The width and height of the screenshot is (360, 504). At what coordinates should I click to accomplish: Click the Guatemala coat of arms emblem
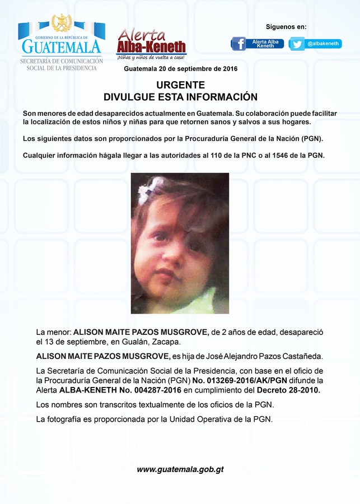[x=61, y=23]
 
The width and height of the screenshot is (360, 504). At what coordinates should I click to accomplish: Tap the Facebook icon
[x=239, y=44]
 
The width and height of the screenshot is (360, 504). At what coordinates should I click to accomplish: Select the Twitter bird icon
[x=297, y=44]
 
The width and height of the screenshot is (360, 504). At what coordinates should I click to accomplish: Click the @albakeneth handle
[x=323, y=44]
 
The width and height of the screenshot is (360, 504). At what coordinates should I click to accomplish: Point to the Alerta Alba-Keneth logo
[x=151, y=44]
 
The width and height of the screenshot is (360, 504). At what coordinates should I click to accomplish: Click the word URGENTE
[x=180, y=86]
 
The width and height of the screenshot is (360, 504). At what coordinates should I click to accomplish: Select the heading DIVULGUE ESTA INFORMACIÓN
[x=180, y=97]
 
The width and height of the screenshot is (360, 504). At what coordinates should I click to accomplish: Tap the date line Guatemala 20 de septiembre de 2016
[x=180, y=69]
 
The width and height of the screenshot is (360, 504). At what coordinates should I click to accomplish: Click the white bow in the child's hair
[x=149, y=189]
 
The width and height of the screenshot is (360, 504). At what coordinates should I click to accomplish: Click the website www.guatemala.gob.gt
[x=180, y=469]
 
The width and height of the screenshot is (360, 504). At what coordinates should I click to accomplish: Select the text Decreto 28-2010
[x=289, y=390]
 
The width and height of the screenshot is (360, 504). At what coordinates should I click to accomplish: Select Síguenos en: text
[x=286, y=26]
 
